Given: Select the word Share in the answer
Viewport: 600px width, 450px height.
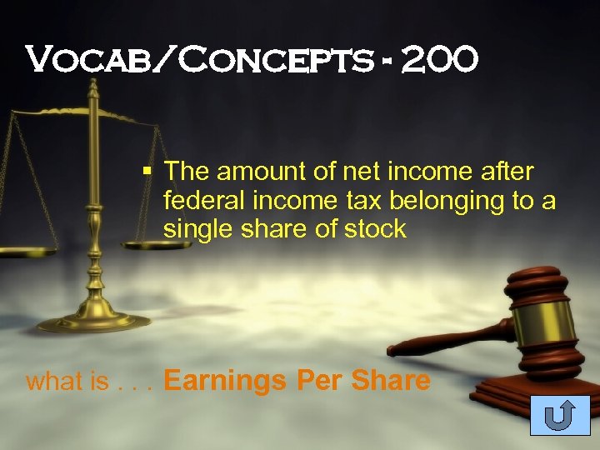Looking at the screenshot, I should click(x=391, y=382).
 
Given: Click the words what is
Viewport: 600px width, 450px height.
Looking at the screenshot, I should click(x=67, y=382).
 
